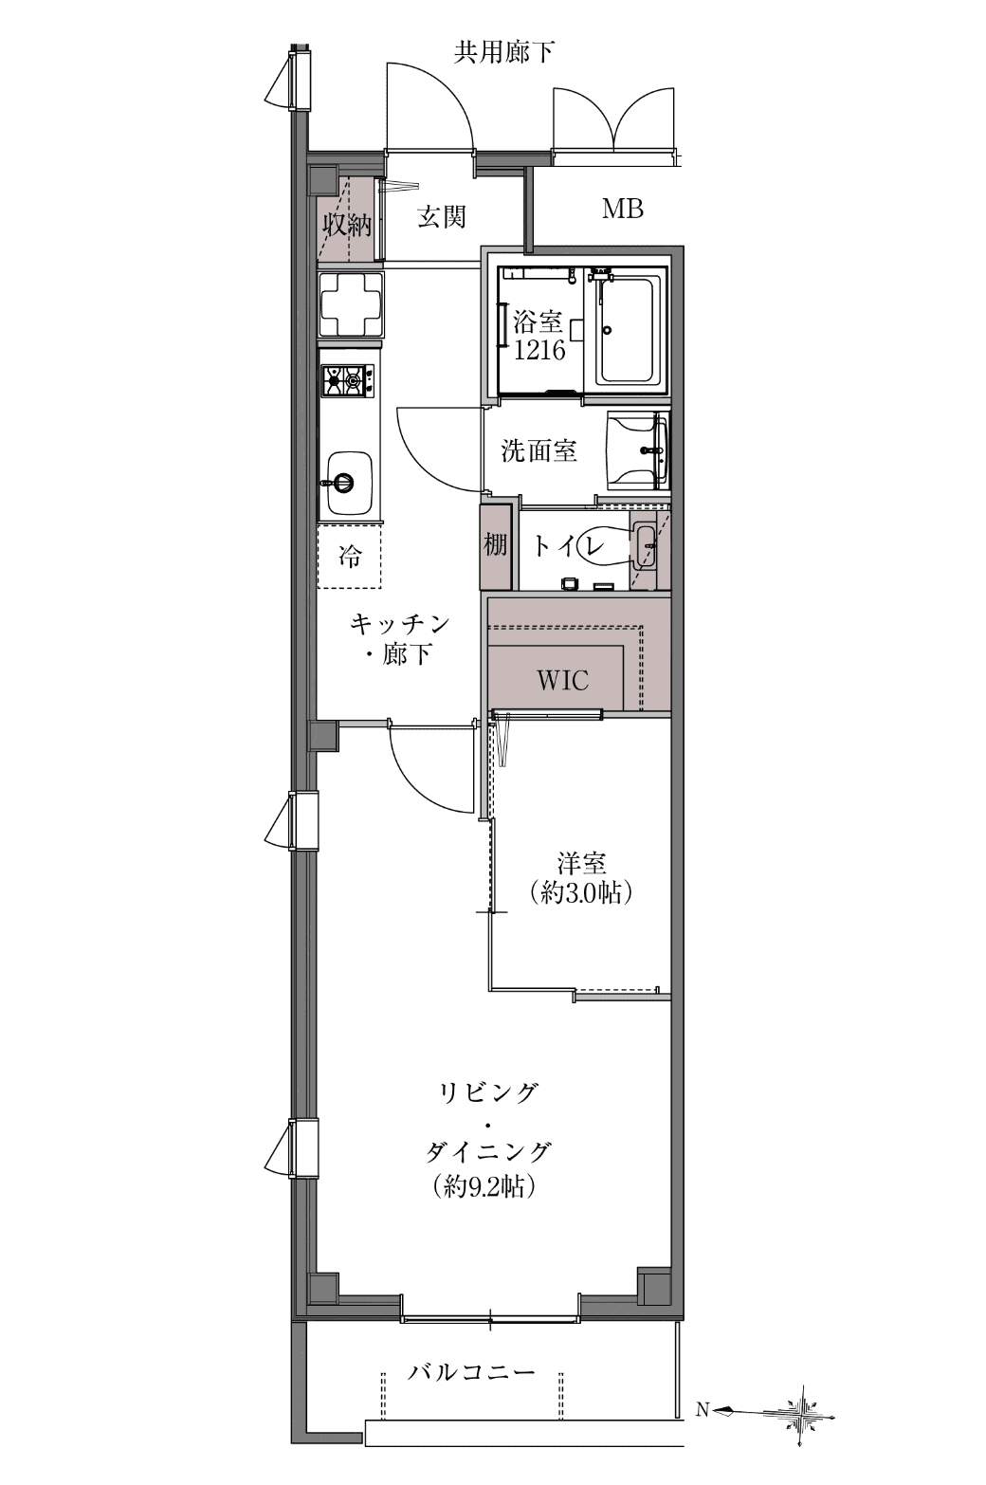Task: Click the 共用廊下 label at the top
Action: point(503,52)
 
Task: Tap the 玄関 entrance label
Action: point(441,217)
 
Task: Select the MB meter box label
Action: point(622,209)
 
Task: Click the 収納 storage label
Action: point(347,226)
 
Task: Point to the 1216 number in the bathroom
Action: point(539,350)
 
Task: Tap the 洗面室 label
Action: point(539,450)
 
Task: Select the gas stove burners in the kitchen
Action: point(348,380)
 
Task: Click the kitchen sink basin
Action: point(349,483)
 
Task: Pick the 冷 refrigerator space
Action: point(349,556)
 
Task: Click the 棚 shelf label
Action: point(495,545)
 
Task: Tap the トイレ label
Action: point(569,545)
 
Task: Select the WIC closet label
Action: point(562,680)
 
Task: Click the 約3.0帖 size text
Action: point(581,893)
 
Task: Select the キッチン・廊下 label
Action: point(399,639)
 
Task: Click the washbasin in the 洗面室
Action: point(638,450)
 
